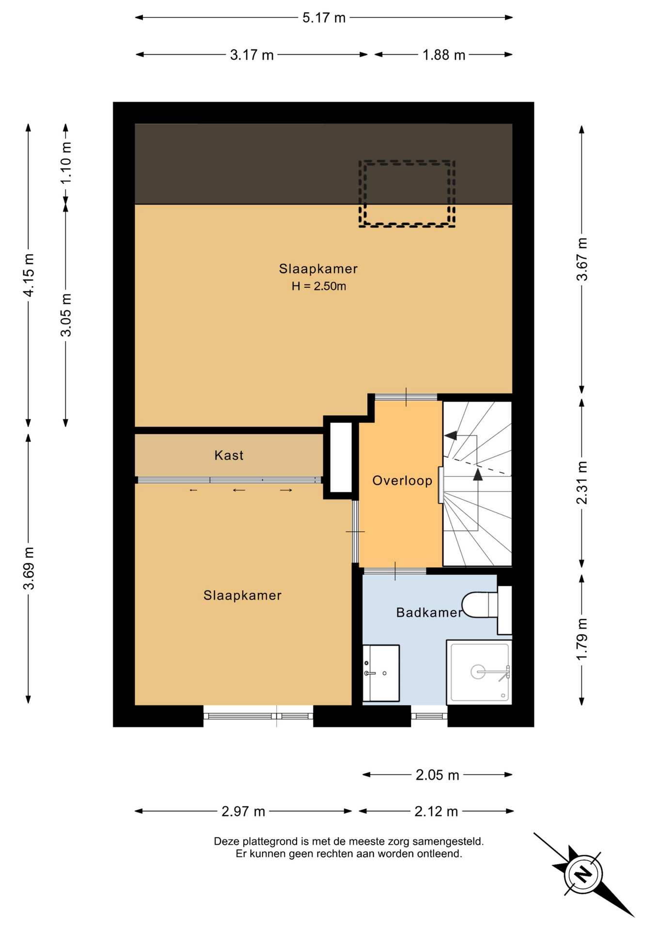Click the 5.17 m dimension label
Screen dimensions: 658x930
324,18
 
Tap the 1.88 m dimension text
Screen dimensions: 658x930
443,55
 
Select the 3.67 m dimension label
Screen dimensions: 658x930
581,259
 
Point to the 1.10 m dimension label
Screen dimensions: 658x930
65,162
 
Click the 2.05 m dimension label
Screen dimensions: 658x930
437,775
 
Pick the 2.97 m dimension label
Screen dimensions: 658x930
243,811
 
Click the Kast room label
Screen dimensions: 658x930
229,455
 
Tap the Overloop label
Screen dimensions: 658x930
402,480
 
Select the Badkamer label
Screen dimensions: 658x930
429,613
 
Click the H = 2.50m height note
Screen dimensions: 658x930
319,286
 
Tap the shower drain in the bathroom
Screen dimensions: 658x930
478,672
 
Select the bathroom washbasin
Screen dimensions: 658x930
381,673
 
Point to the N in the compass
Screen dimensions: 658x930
583,874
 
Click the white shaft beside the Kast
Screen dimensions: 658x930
341,457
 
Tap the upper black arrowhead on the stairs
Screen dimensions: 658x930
451,435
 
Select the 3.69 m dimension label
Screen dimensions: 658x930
29,568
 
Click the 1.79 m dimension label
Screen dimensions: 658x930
581,639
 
